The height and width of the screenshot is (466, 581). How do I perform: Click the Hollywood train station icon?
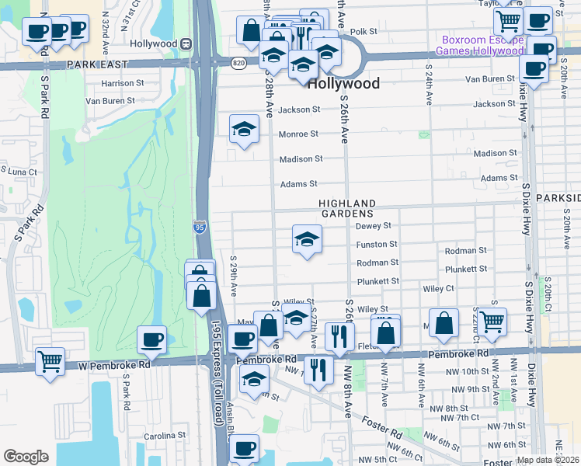186,44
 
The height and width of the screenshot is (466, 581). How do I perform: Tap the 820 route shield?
238,61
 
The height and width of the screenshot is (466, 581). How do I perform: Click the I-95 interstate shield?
200,227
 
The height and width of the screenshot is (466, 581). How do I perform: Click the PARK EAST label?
97,65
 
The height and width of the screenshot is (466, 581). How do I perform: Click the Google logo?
26,456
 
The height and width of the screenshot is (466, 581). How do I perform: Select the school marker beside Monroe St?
244,130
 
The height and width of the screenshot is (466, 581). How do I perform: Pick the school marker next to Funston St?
307,240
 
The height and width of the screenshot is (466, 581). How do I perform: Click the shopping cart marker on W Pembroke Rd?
50,362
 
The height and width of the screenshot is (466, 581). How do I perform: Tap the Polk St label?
363,32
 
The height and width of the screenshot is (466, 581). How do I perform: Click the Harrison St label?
124,83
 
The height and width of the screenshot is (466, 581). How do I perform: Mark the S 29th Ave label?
233,273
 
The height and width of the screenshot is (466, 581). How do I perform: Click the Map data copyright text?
547,459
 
